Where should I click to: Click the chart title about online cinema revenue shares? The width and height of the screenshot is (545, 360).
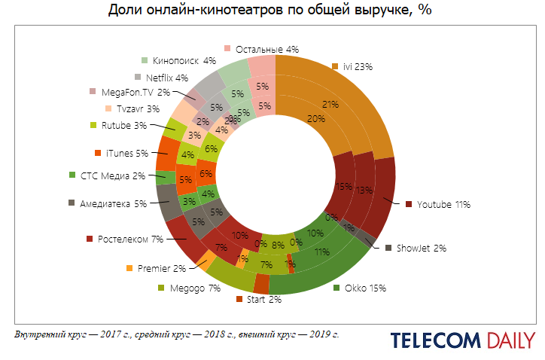coord(272,11)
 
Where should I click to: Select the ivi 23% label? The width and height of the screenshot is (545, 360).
coord(358,67)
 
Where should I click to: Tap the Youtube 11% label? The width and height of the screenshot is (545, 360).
coord(443,204)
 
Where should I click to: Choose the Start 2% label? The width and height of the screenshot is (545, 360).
coord(263,300)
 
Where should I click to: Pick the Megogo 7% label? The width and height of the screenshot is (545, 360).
coord(194,288)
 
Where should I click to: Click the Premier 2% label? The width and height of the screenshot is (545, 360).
coord(160,268)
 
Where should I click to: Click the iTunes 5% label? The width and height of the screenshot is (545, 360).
coord(126,154)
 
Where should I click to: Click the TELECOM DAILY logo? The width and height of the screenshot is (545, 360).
coord(462,340)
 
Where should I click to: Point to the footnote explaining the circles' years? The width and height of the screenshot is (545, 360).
coord(177,334)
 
